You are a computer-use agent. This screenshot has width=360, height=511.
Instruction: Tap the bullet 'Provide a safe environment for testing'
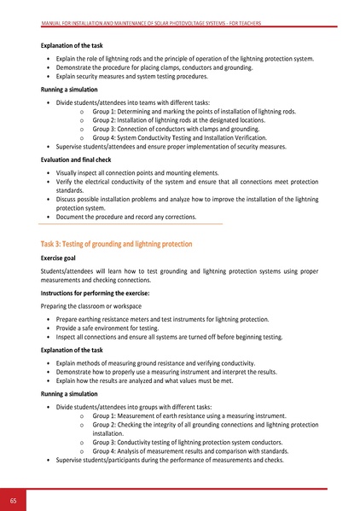113,328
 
